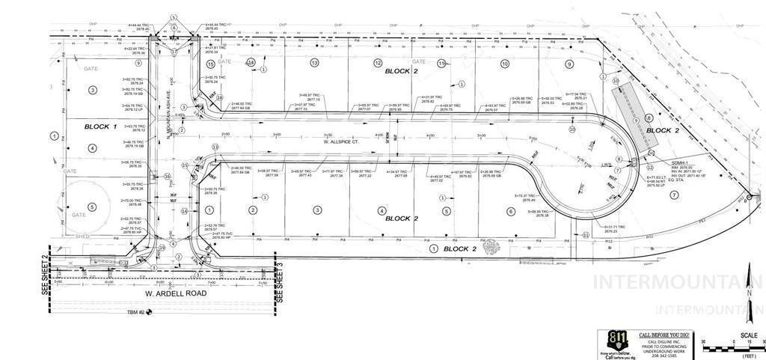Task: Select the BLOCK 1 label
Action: [100, 126]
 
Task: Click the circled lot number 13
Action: [315, 63]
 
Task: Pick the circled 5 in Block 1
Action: [93, 207]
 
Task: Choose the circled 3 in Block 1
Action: [93, 90]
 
